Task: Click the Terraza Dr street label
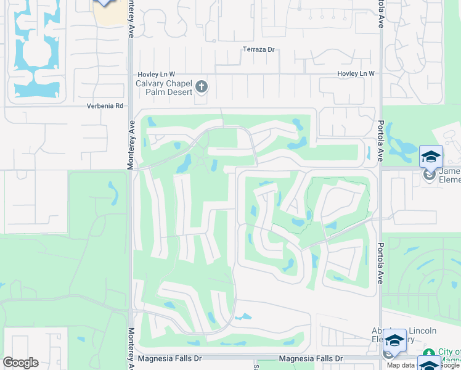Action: (258, 49)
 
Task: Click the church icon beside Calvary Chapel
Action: (202, 88)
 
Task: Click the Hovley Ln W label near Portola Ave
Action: (356, 73)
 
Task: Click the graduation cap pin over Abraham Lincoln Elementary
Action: (394, 339)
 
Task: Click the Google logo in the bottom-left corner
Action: (20, 363)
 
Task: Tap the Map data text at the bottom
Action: (401, 365)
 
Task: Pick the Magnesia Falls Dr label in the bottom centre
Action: (309, 358)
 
